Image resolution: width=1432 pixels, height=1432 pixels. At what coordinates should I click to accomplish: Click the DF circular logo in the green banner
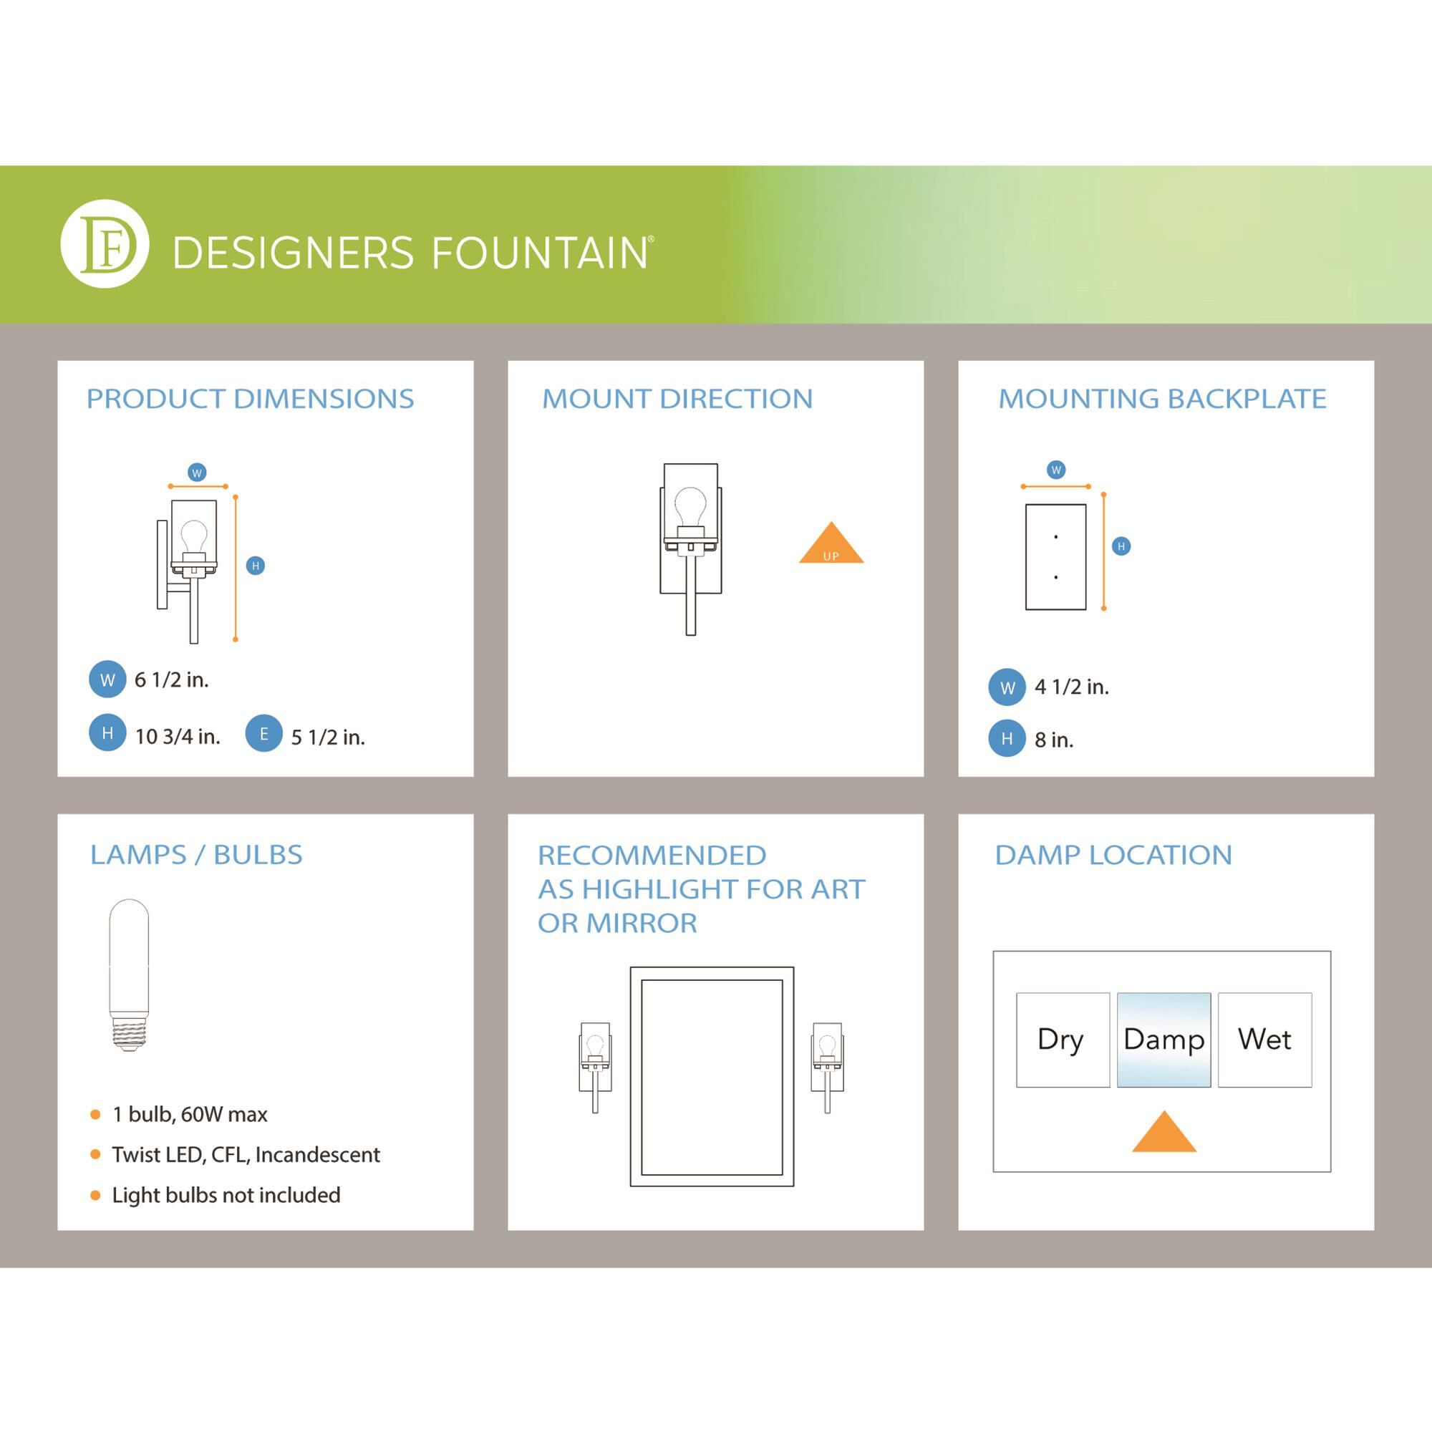105,244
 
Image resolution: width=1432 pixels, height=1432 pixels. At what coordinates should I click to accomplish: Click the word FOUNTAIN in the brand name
539,253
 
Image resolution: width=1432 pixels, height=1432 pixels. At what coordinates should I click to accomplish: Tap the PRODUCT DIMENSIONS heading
250,399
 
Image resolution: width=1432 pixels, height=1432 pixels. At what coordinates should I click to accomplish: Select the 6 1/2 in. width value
171,679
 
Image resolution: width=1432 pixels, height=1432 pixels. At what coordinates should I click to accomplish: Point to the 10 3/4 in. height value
177,737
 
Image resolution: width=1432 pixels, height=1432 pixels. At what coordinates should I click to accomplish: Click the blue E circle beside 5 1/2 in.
264,734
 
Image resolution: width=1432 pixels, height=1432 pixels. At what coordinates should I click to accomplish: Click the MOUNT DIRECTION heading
677,399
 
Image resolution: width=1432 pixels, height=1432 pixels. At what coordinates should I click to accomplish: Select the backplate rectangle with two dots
1055,557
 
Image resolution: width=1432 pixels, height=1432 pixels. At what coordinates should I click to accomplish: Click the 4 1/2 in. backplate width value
1071,687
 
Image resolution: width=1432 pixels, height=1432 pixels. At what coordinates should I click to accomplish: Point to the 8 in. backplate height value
1053,740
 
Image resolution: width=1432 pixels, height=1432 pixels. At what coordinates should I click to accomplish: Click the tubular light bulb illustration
129,974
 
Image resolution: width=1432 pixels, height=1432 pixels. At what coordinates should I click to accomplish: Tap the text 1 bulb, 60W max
190,1115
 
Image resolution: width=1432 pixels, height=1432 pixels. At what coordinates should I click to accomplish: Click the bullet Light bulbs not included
226,1196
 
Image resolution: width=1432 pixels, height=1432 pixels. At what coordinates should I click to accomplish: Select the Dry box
1062,1040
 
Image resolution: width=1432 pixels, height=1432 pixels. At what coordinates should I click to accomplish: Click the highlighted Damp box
1163,1040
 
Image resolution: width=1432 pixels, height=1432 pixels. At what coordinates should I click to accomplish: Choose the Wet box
1264,1040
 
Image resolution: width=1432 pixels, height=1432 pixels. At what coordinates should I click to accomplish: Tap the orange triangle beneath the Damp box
1163,1134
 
